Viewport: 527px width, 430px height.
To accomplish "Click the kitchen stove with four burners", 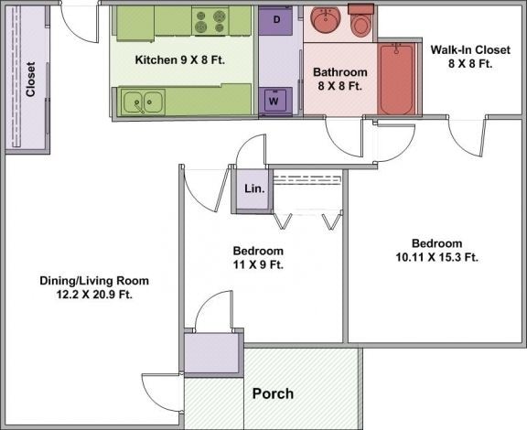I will click(210, 19).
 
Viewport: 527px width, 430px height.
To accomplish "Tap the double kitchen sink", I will click(143, 102).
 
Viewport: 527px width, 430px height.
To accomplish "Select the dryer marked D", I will click(274, 20).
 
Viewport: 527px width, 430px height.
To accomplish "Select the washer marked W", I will click(273, 102).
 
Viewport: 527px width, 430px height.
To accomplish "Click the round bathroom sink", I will click(326, 19).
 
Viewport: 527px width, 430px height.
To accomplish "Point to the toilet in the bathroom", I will click(362, 20).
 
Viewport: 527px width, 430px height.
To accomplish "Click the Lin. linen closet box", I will click(253, 189).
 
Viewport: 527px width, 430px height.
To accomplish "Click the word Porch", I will click(273, 393).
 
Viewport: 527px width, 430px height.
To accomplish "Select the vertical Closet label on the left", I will click(30, 80).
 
